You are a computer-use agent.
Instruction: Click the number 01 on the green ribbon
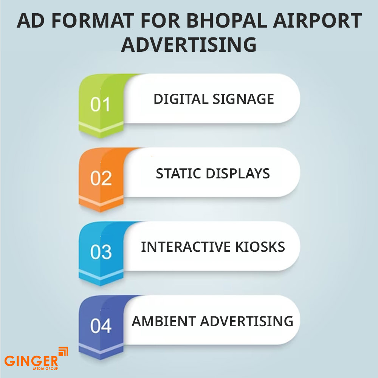click(100, 104)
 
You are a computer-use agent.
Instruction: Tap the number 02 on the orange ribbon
click(101, 178)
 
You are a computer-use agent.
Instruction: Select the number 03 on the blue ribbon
click(101, 252)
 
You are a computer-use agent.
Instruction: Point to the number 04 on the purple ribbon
click(101, 326)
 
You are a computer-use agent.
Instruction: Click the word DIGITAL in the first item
click(181, 99)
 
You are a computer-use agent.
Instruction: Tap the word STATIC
click(179, 174)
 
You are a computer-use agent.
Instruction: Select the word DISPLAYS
click(238, 174)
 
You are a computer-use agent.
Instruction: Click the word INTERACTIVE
click(186, 247)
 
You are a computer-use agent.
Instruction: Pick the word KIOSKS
click(260, 247)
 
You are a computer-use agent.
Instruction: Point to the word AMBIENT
click(164, 321)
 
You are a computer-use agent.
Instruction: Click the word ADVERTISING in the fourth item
click(246, 321)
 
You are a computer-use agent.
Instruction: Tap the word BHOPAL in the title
click(227, 21)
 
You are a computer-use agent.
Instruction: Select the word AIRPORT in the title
click(317, 21)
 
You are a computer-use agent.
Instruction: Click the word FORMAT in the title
click(93, 21)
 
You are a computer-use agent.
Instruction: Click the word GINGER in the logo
click(31, 361)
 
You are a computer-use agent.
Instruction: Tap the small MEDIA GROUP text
click(46, 369)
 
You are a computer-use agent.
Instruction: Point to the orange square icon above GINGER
click(64, 351)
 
